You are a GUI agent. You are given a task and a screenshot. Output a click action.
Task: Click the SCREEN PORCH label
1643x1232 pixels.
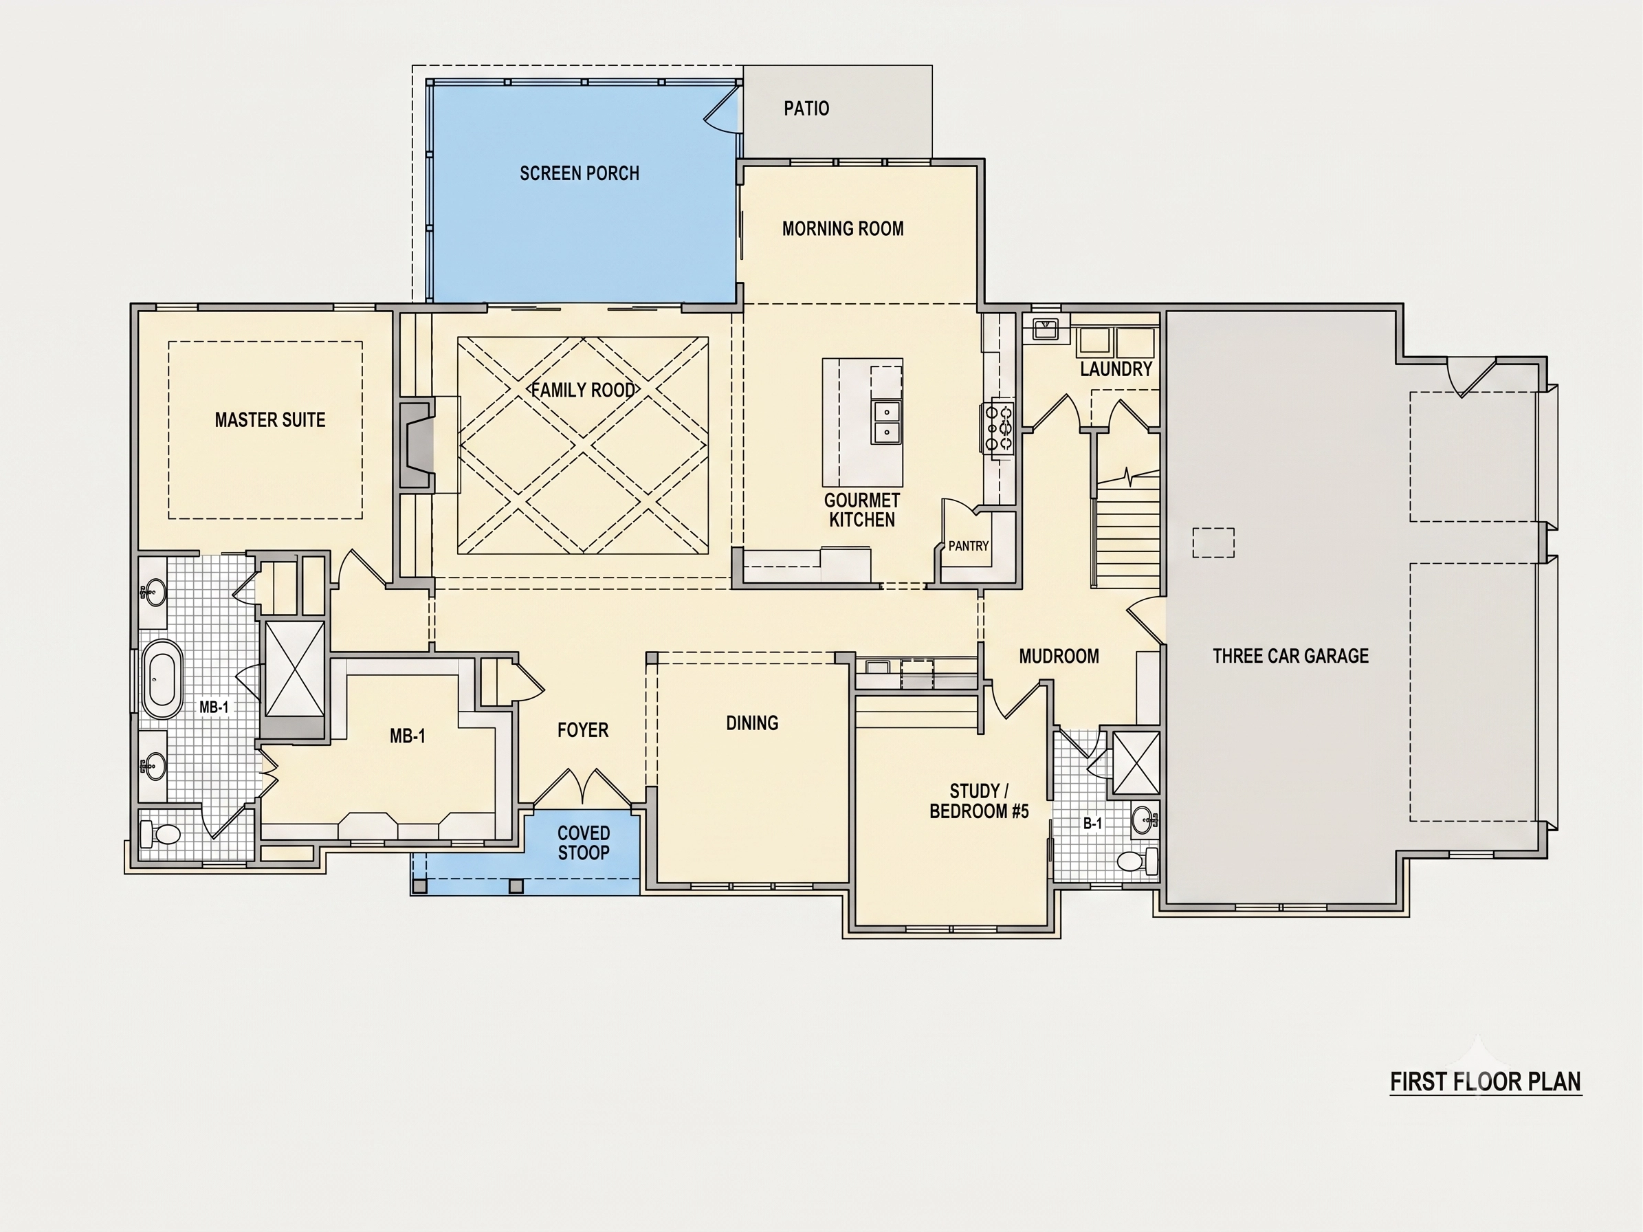[580, 173]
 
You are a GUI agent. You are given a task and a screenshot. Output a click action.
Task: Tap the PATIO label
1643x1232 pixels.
[806, 109]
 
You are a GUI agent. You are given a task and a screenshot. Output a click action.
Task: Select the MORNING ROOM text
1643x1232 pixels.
[843, 229]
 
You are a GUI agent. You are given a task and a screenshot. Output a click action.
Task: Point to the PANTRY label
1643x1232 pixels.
[969, 546]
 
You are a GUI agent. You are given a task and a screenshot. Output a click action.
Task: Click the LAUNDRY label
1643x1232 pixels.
[1116, 369]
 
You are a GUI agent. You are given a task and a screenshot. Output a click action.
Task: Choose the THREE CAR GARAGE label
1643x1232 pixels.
[1291, 656]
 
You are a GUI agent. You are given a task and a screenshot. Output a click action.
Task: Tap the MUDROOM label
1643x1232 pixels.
[1059, 657]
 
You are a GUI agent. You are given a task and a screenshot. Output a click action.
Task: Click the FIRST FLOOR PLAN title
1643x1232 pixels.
[1486, 1081]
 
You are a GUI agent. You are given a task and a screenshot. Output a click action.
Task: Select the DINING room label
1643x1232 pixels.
[753, 723]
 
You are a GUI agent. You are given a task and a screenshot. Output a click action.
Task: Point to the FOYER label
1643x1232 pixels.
[583, 731]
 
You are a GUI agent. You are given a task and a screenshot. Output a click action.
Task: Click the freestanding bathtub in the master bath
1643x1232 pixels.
[162, 679]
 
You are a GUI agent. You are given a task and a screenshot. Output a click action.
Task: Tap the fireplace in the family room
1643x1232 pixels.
[417, 445]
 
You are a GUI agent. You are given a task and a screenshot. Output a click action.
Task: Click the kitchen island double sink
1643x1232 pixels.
[887, 422]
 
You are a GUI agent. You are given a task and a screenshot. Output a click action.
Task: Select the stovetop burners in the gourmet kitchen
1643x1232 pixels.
[999, 428]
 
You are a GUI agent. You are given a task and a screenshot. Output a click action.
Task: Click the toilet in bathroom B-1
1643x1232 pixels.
[1137, 861]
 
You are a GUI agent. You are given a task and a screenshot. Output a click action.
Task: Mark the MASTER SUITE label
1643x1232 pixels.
[270, 420]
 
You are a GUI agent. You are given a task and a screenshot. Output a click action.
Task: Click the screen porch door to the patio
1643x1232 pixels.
[723, 110]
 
